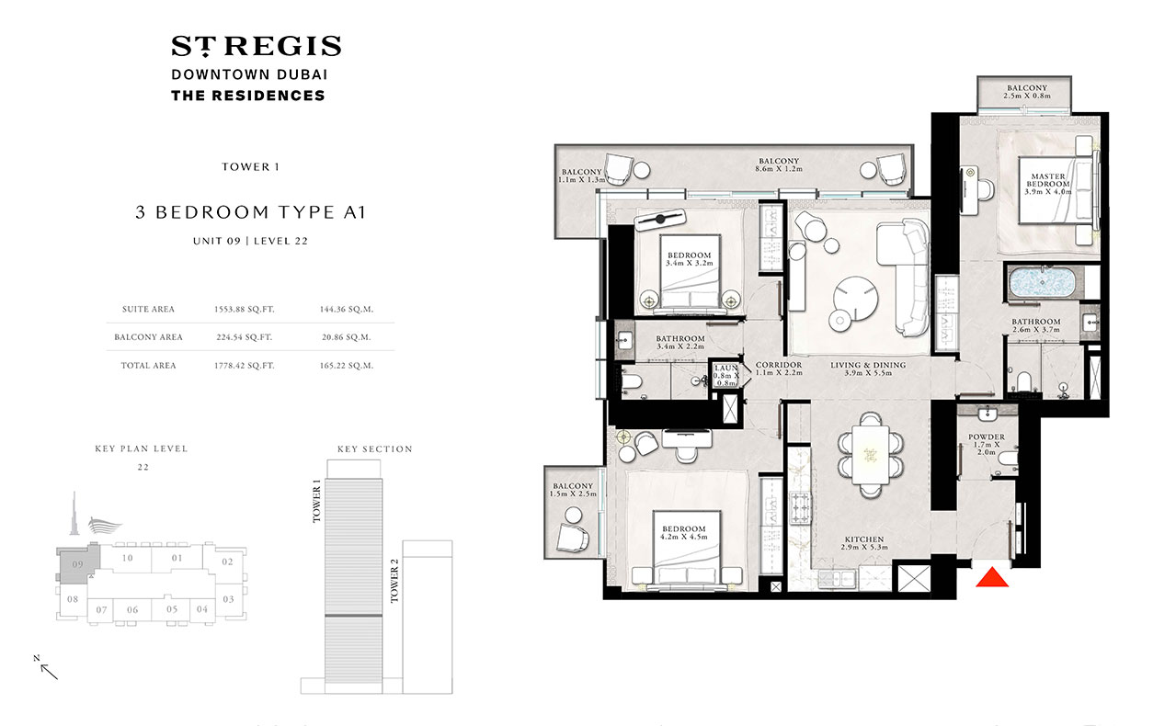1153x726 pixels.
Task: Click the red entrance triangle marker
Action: tap(992, 577)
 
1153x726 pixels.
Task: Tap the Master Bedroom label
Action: tap(1048, 179)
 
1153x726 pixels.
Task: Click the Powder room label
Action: tap(987, 437)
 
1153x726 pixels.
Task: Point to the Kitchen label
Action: tap(864, 539)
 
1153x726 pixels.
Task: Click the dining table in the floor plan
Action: tap(871, 455)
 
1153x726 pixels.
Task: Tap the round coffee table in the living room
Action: tap(857, 299)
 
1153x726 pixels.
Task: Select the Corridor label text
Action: tap(779, 365)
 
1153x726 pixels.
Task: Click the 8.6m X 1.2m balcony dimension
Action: tap(779, 169)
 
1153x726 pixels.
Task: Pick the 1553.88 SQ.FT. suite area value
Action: tap(244, 309)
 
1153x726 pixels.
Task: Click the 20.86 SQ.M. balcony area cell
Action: tap(346, 337)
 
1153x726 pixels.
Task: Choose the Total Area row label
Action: tap(148, 366)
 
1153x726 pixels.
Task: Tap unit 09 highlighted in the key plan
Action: tap(77, 564)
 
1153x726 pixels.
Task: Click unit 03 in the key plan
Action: tap(228, 599)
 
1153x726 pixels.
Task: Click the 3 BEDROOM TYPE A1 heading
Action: tap(251, 212)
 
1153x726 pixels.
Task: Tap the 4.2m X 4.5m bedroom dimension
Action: tap(683, 537)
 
